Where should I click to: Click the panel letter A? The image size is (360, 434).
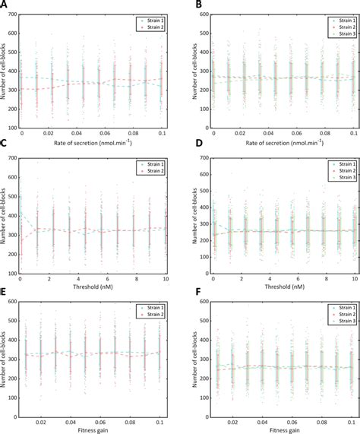[5, 5]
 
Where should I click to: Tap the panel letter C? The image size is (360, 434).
[5, 150]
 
